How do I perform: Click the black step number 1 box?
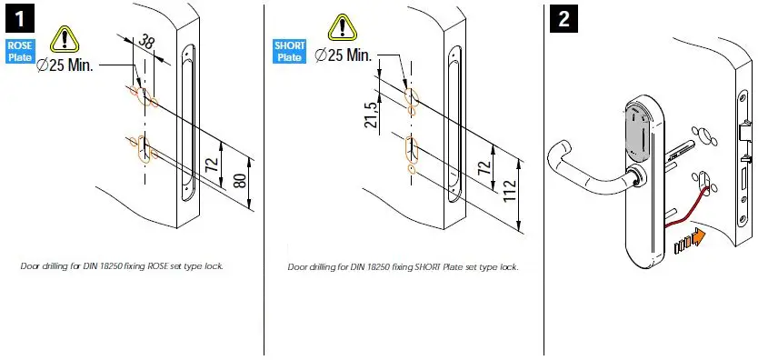click(17, 18)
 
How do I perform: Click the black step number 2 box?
click(564, 18)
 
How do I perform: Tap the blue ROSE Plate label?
click(19, 51)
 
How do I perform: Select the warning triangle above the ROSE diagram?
click(65, 37)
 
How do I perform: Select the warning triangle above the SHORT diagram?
click(343, 27)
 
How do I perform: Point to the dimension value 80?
click(240, 180)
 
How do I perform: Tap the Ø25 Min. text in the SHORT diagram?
click(343, 55)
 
